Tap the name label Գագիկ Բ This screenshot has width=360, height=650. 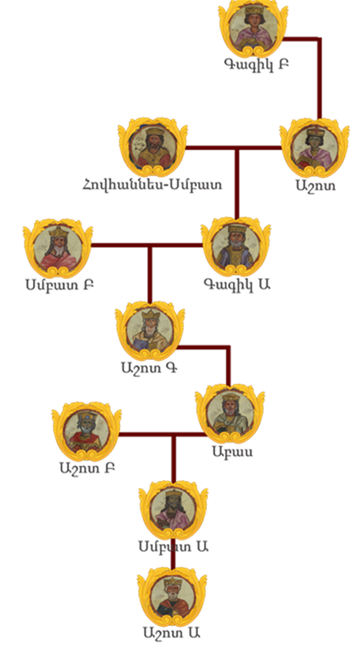(257, 64)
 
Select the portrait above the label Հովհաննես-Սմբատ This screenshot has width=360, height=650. (152, 147)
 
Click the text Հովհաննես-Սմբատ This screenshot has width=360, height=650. (152, 184)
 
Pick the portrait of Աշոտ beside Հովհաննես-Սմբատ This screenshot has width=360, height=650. (315, 148)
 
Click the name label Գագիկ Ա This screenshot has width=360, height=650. (237, 284)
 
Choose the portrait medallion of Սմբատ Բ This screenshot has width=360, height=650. (58, 248)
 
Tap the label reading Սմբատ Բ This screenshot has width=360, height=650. (59, 285)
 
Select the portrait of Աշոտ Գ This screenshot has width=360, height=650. (150, 330)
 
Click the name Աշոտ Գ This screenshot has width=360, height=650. (150, 368)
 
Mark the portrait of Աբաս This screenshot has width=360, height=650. (230, 413)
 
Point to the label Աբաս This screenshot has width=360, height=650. (232, 451)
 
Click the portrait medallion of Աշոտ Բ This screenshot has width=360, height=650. (87, 431)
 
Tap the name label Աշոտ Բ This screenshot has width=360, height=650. (87, 468)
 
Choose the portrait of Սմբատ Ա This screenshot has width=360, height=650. (173, 510)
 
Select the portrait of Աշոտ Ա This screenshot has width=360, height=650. (172, 596)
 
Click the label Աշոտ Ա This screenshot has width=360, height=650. (172, 633)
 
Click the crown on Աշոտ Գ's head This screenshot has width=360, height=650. (150, 314)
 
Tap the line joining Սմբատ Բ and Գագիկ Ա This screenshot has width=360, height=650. (147, 246)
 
